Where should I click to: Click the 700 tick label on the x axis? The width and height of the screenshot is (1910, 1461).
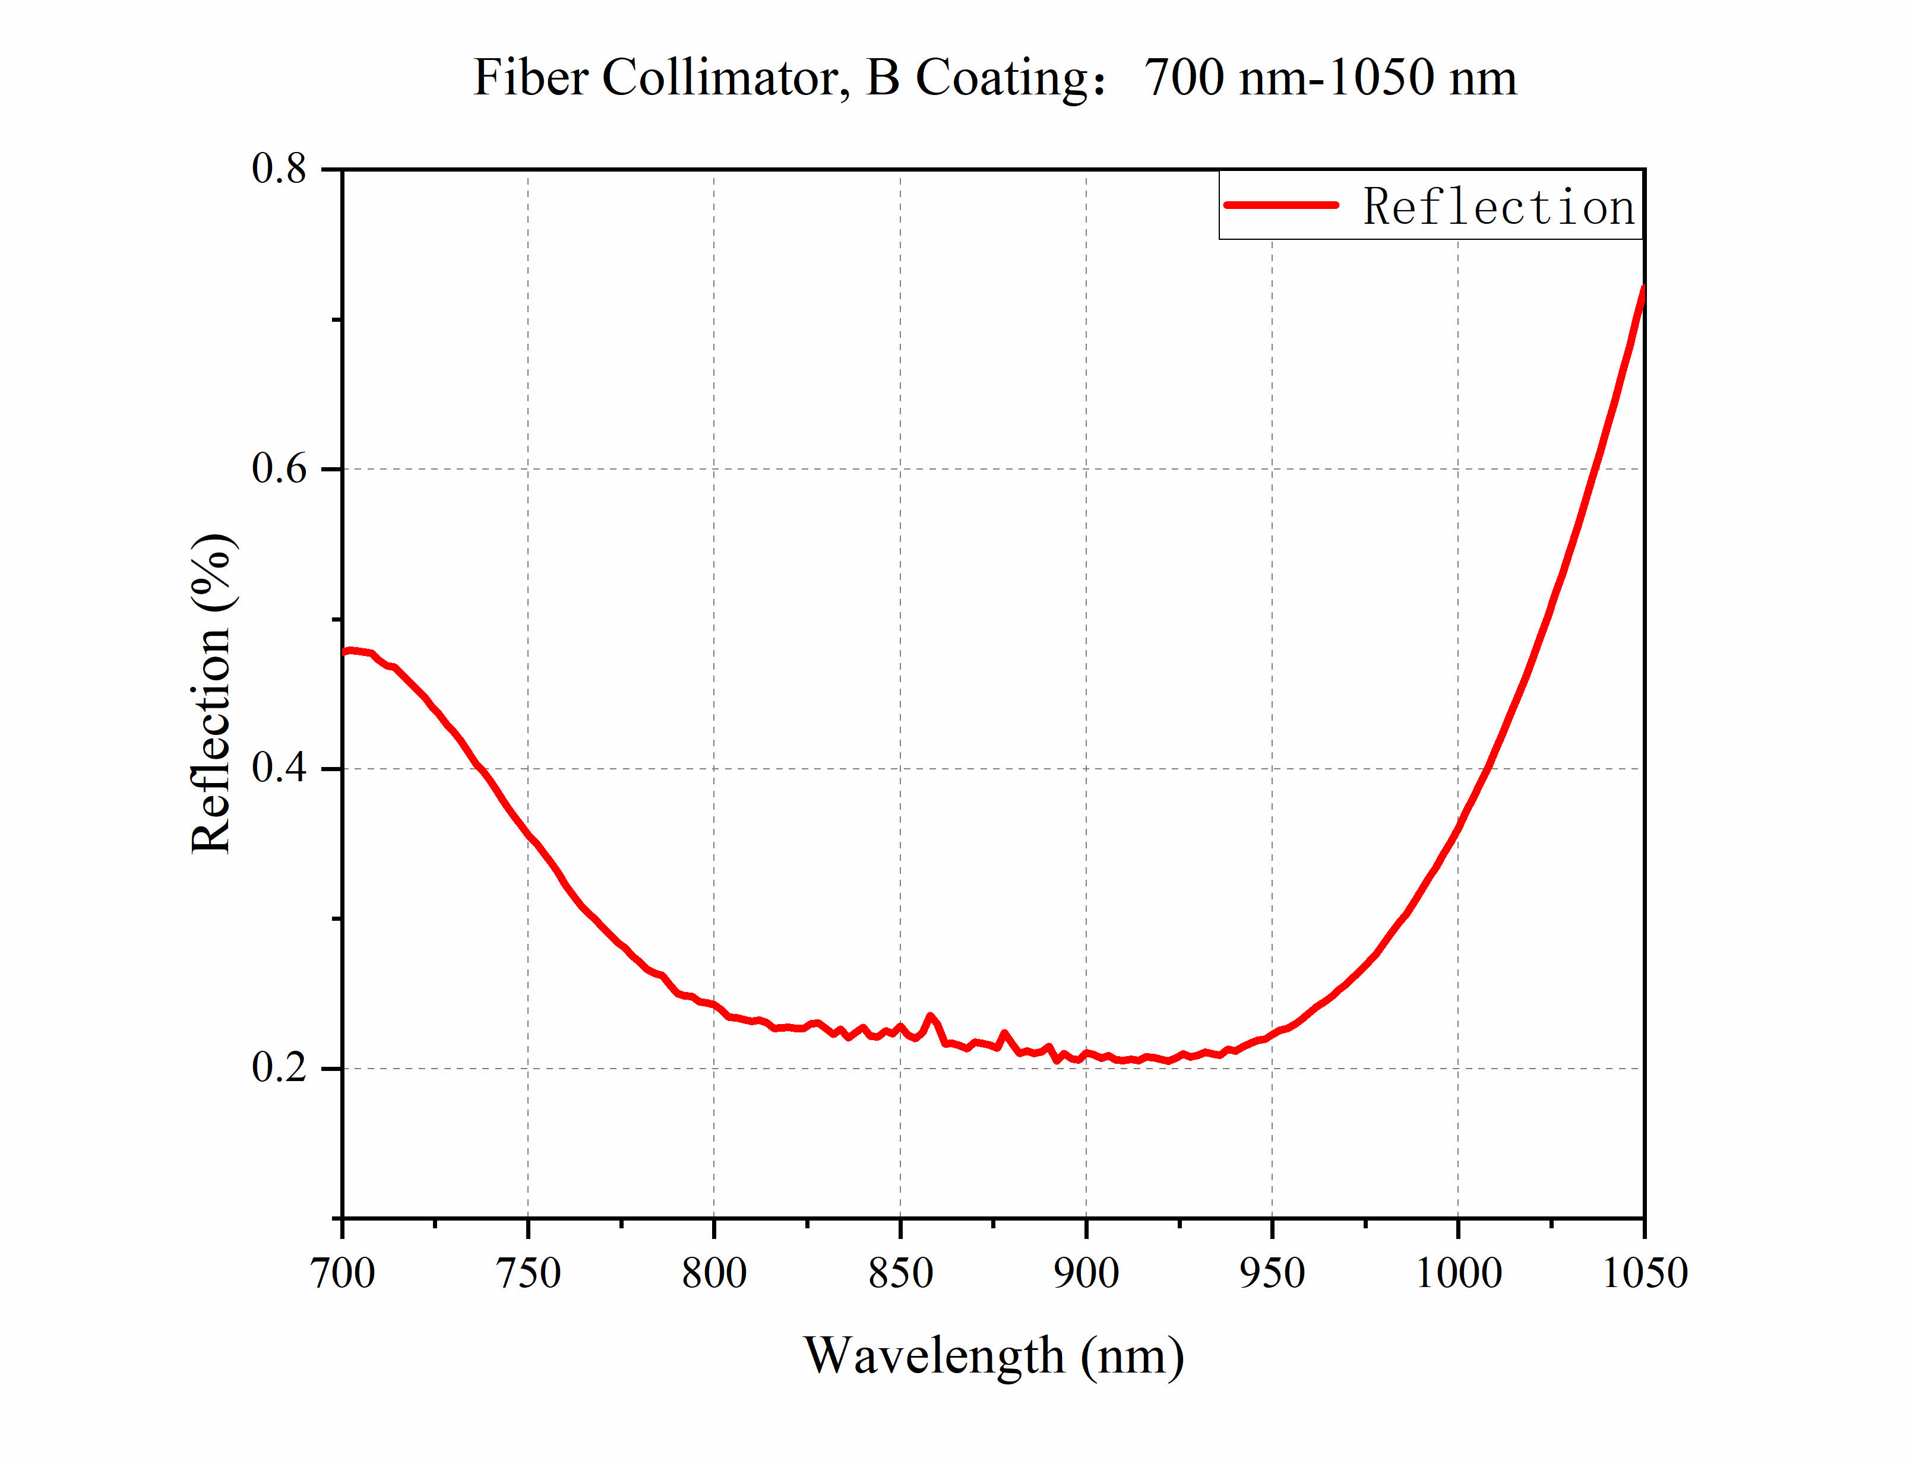[343, 1274]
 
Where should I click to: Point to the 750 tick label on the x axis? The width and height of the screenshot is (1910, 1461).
[528, 1274]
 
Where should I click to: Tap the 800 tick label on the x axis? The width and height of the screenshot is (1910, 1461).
[714, 1274]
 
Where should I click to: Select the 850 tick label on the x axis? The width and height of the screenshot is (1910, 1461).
[900, 1274]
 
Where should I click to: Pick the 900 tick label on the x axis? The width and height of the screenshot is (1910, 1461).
[1086, 1274]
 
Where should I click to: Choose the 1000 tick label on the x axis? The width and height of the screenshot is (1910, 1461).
[1459, 1274]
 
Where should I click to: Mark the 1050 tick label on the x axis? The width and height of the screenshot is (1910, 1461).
[1645, 1274]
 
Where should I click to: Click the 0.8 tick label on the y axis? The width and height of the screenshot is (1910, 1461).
[279, 169]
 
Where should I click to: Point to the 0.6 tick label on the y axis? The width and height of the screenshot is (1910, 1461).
[279, 469]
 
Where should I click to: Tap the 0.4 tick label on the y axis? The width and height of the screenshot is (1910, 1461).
[279, 769]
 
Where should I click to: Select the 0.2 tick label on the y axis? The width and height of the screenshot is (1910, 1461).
[279, 1068]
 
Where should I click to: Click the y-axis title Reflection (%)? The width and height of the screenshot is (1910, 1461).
[211, 693]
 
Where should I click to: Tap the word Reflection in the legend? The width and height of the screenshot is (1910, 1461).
[1498, 207]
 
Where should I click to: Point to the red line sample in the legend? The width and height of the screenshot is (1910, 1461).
[1280, 205]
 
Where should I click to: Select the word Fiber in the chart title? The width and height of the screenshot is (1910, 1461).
[530, 77]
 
